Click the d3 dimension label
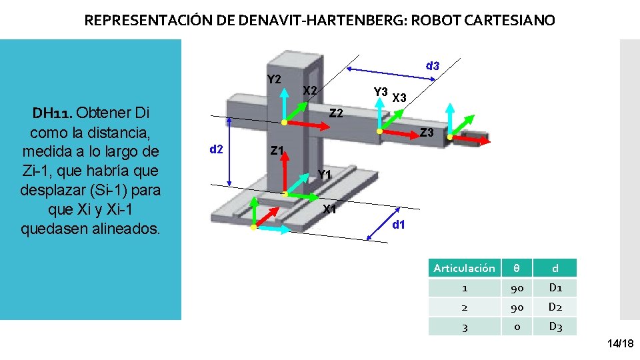coord(433,65)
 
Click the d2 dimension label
coord(216,149)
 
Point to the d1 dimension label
coord(399,225)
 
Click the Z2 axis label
coord(337,113)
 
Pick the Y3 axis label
coord(381,91)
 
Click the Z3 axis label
coord(427,133)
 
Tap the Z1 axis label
coord(278,151)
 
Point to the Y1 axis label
coord(325,175)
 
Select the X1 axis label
coord(329,209)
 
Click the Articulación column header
coord(464,268)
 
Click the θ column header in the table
coord(517,268)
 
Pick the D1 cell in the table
coord(555,288)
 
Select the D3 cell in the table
coord(555,327)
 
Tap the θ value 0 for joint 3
coord(517,327)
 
